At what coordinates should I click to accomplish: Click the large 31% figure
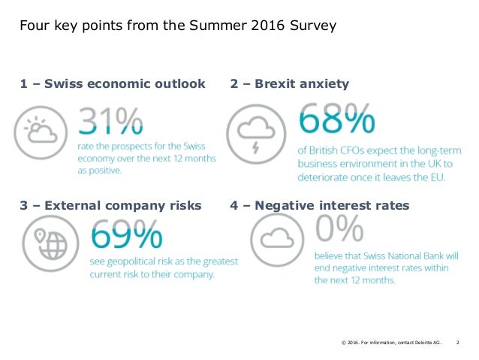(x=111, y=123)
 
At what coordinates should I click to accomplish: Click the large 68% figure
(x=337, y=120)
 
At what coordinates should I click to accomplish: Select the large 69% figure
(x=126, y=236)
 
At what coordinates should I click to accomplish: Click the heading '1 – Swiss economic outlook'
(x=113, y=84)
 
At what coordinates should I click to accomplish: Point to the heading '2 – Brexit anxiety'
(x=289, y=84)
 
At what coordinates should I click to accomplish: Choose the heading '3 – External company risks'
(x=110, y=205)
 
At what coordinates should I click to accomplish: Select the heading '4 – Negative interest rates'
(x=319, y=205)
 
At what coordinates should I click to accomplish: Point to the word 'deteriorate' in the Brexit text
(x=328, y=177)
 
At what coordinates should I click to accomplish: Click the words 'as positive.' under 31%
(x=99, y=171)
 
